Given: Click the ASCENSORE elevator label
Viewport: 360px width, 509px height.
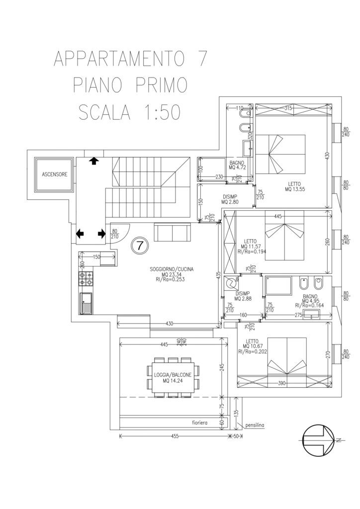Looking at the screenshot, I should pos(54,174).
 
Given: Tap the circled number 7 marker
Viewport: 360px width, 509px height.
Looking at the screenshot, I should pos(140,245).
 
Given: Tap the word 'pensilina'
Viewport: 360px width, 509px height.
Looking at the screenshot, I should pos(254,425).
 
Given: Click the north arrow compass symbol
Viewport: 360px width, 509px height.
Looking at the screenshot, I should pos(319,440).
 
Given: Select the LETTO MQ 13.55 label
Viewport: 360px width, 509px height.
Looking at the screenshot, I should pos(295,186).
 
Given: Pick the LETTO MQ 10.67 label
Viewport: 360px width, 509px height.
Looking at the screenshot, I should pos(253,342).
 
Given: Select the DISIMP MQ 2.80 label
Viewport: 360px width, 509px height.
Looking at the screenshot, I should pos(231,199).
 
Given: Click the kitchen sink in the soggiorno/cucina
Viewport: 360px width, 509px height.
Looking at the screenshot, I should pos(86,303).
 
